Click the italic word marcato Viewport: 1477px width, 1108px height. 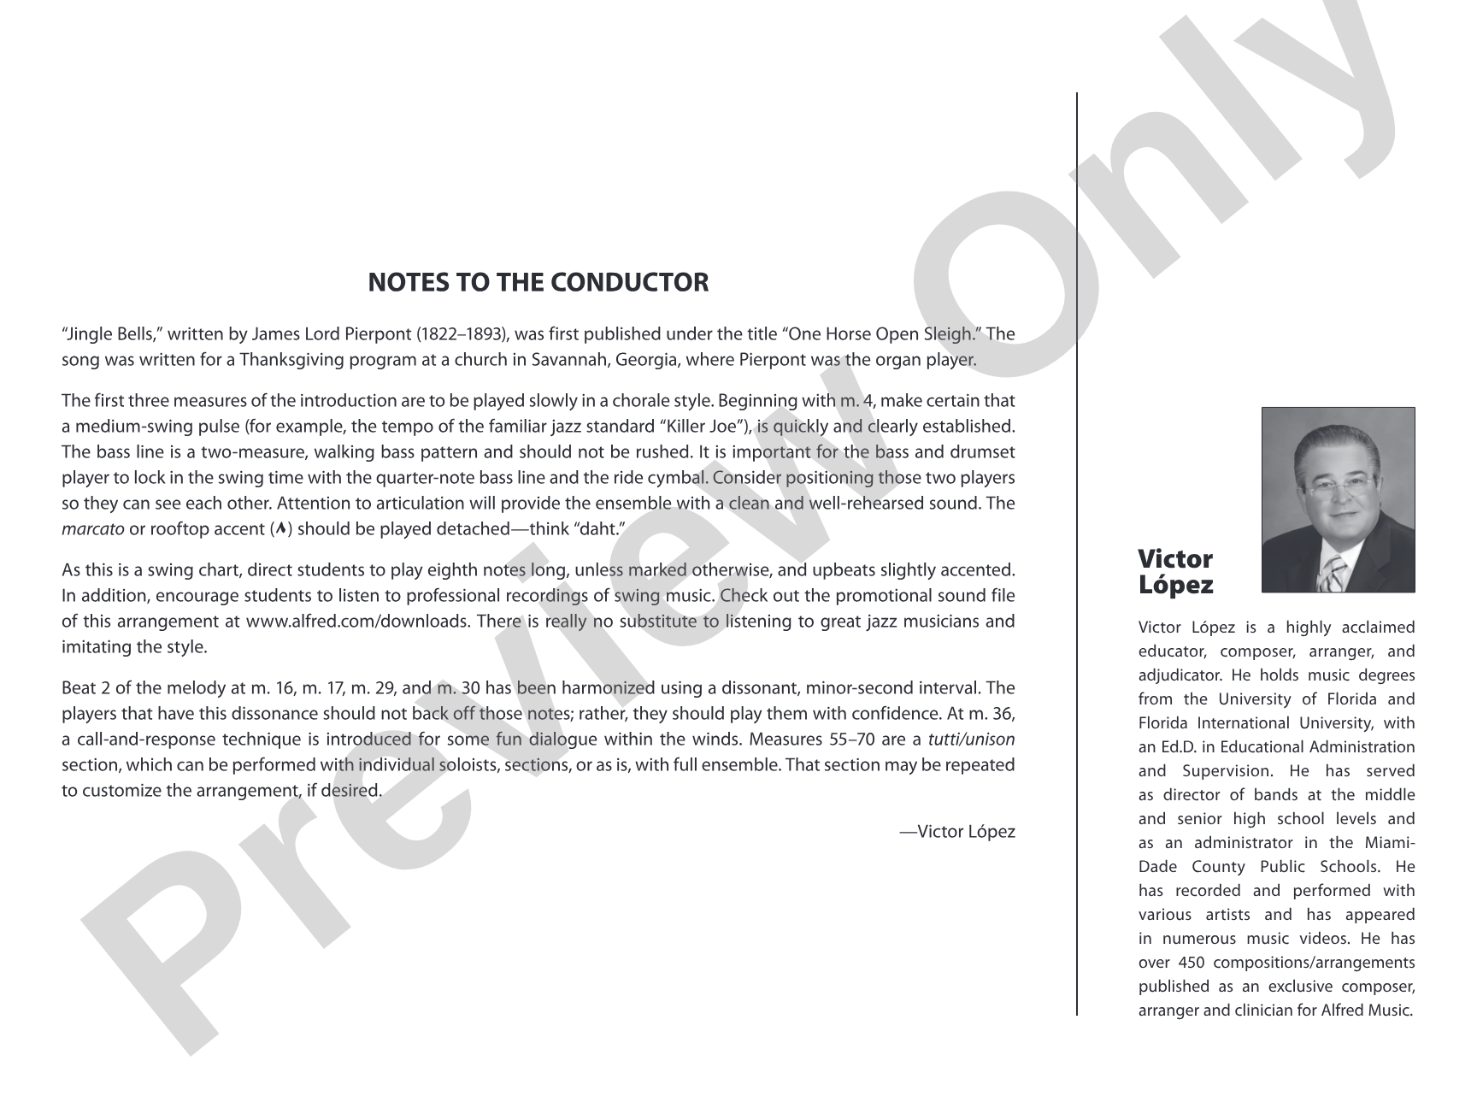(93, 528)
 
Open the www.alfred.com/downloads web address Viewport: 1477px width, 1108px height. (357, 621)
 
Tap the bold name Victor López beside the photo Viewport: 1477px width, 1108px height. (1175, 572)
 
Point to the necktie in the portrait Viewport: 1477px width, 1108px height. (1332, 574)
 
